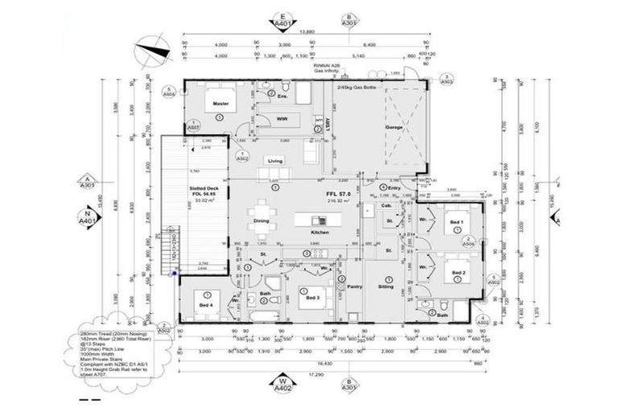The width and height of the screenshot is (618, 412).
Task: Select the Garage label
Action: (394, 127)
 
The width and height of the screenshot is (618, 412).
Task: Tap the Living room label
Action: (276, 160)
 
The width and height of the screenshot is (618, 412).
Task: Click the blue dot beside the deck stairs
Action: (174, 272)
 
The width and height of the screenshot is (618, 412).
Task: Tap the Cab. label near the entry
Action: (387, 206)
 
